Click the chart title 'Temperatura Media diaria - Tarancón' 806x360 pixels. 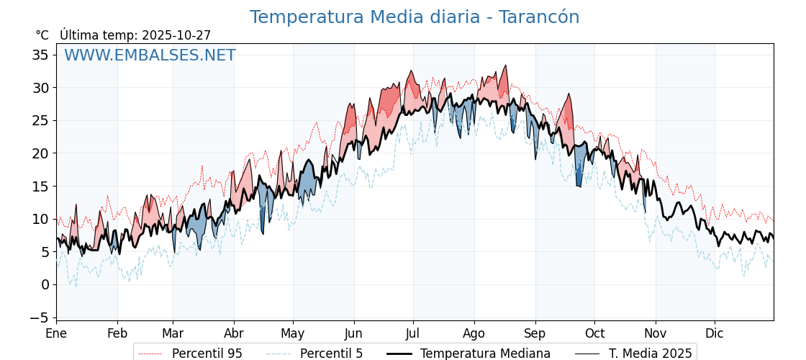414,17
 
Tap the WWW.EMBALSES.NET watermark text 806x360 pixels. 150,55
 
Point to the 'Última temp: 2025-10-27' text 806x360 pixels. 135,35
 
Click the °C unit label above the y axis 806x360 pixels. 42,35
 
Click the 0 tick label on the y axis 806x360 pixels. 45,284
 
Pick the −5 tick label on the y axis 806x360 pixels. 40,318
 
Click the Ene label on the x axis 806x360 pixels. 56,333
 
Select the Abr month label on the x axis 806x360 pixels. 234,333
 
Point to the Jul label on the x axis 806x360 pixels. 413,333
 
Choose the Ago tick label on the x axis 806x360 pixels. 474,333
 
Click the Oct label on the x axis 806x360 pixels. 594,333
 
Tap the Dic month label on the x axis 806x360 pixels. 715,333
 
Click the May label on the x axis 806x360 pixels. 293,333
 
